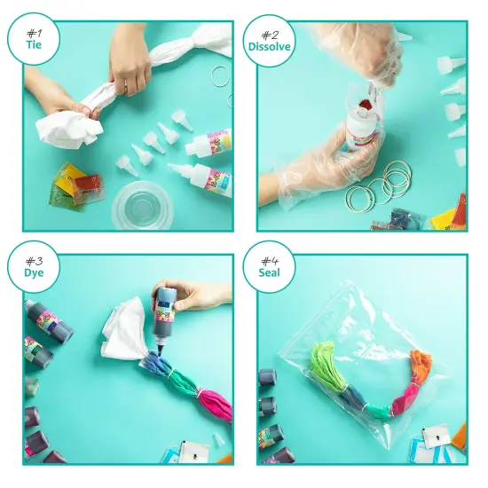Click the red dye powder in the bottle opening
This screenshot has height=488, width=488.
click(x=363, y=108)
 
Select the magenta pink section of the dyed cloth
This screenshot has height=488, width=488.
click(x=213, y=404)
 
